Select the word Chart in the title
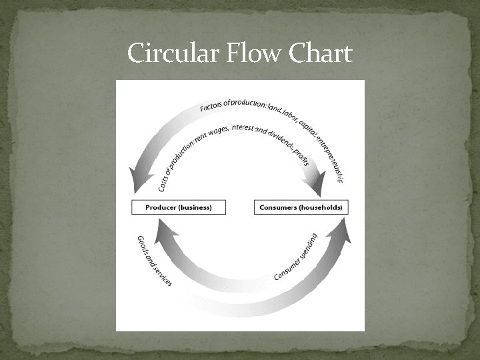click(x=319, y=53)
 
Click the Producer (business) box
click(x=179, y=207)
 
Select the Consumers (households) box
click(x=301, y=207)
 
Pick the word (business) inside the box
click(x=194, y=207)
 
